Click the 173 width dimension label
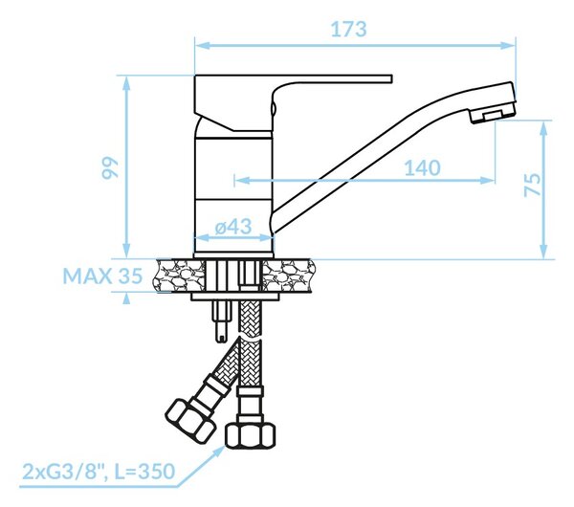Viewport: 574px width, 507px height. (348, 30)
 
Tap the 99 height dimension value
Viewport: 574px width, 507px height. (110, 167)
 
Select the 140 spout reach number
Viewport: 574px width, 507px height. (422, 168)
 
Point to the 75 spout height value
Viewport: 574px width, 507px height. (532, 185)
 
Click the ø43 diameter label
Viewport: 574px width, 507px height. (233, 227)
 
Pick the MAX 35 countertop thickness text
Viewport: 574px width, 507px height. (102, 276)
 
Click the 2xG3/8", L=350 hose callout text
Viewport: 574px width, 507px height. (99, 472)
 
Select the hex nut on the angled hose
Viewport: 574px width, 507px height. (190, 421)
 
